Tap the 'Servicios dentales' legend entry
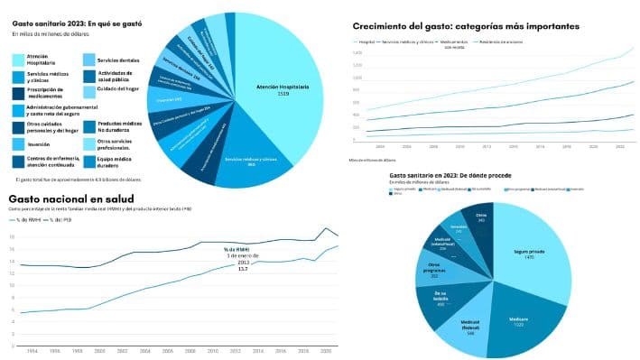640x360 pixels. [117, 60]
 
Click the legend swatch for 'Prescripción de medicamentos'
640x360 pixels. [19, 93]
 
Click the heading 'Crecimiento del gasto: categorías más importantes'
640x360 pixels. [466, 27]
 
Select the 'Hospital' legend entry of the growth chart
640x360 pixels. [365, 42]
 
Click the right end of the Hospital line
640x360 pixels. [634, 48]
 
